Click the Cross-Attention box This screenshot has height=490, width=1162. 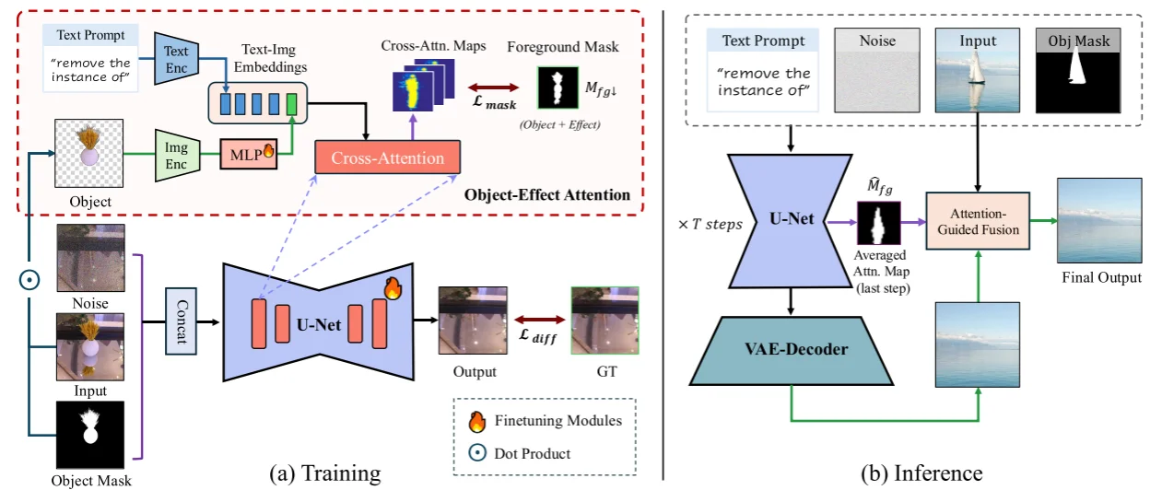388,158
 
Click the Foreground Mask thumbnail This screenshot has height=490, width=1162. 556,88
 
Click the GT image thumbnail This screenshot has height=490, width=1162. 605,321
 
